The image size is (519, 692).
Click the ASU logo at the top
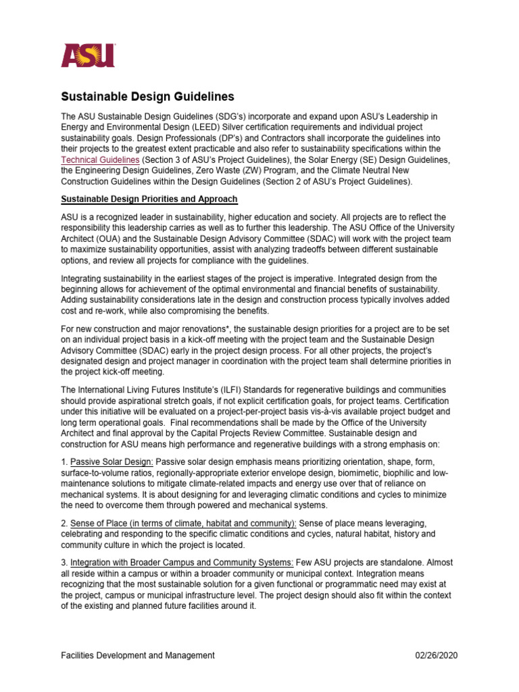(89, 55)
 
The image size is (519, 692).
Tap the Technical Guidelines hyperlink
(101, 159)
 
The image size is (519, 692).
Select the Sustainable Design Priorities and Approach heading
(149, 199)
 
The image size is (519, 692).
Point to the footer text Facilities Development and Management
(138, 655)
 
